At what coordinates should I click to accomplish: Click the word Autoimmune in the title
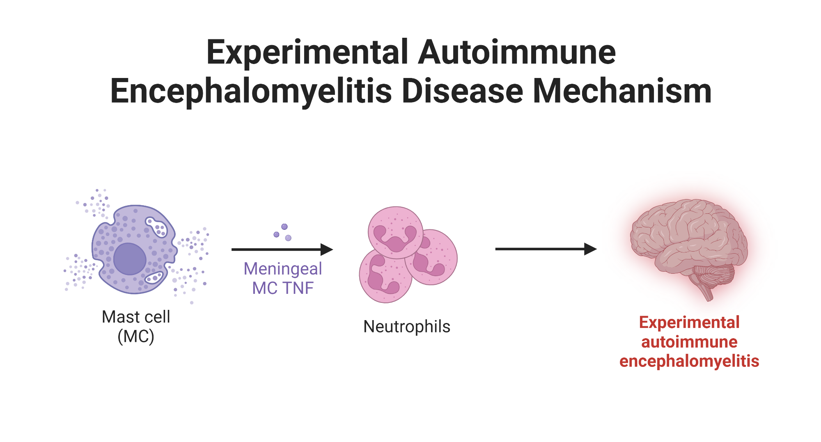(x=517, y=53)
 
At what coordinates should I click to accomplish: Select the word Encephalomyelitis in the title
(x=251, y=92)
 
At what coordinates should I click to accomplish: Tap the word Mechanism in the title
(x=622, y=92)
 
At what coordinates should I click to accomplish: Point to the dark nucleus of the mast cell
(x=130, y=259)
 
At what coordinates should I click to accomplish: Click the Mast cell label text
(x=136, y=317)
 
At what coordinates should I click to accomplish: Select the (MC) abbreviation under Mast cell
(x=136, y=337)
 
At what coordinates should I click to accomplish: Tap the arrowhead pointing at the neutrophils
(x=327, y=249)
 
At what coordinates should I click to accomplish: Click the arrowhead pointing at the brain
(x=590, y=249)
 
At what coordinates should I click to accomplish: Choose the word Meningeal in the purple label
(x=283, y=269)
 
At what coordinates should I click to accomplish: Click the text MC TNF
(x=283, y=289)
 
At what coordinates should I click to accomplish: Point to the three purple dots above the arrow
(x=283, y=232)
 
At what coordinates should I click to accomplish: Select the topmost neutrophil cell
(x=395, y=232)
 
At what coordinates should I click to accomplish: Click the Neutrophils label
(x=407, y=327)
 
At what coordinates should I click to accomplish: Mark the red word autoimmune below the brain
(x=689, y=342)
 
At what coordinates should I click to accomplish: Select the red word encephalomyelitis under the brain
(x=689, y=361)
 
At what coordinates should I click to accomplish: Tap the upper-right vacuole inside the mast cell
(x=157, y=227)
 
